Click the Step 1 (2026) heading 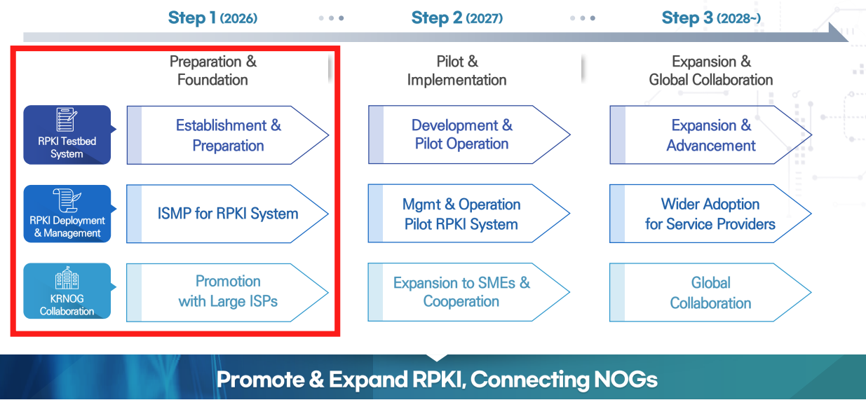click(x=212, y=18)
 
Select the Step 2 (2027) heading click(x=456, y=18)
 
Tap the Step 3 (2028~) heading click(x=711, y=18)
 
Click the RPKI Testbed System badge click(x=67, y=135)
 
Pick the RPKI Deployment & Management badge click(x=67, y=214)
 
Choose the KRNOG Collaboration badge click(x=67, y=291)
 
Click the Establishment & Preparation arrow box click(x=228, y=135)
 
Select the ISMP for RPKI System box click(x=228, y=214)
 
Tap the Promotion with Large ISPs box click(x=228, y=292)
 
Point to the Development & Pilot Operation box click(x=462, y=135)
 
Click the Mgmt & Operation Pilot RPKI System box click(x=462, y=214)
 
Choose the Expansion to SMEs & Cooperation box click(x=462, y=292)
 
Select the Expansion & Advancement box click(x=710, y=135)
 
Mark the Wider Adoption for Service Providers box click(x=710, y=214)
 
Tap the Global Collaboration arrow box click(x=710, y=293)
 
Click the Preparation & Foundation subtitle click(x=213, y=71)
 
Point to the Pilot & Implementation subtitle click(x=457, y=71)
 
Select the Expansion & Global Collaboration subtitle click(x=711, y=71)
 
